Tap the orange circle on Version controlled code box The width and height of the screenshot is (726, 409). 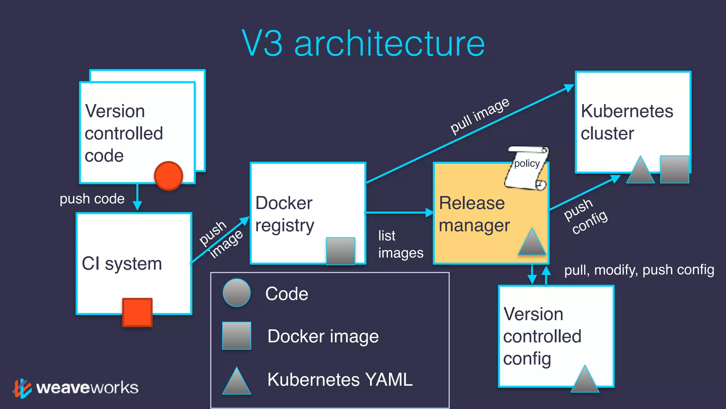(168, 176)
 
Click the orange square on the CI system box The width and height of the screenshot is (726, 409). (137, 312)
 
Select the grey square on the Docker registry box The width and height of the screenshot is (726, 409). (340, 251)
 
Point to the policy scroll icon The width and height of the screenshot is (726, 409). (526, 168)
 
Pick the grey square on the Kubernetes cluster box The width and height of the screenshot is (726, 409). (674, 169)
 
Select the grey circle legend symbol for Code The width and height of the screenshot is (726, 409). (236, 293)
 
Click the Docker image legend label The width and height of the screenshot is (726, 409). (323, 336)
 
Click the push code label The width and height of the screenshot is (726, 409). (92, 198)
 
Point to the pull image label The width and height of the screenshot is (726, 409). (480, 116)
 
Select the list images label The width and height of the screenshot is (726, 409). (400, 244)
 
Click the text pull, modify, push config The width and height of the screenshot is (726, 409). (639, 270)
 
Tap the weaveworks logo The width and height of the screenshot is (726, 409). (76, 388)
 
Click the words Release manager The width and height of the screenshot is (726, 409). (474, 214)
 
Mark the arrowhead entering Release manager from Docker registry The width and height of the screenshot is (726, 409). (429, 213)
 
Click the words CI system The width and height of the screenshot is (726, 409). (122, 264)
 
